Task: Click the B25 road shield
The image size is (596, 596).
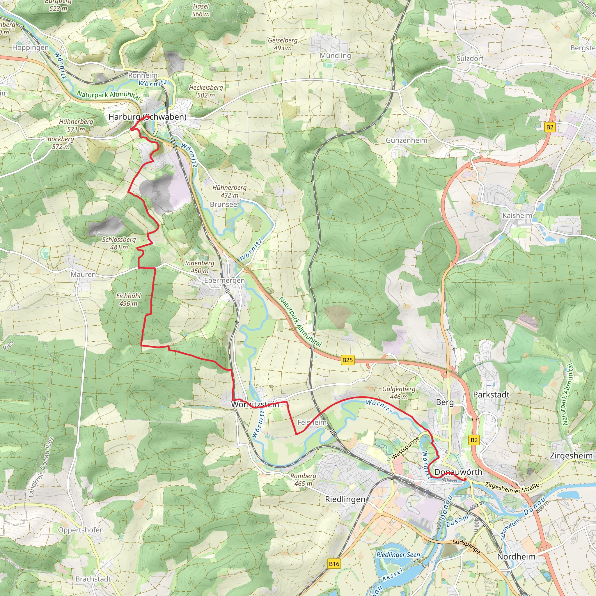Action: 347,360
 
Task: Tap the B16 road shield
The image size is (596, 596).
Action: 334,564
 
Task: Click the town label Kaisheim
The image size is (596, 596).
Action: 517,215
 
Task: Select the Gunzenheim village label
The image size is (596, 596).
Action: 407,140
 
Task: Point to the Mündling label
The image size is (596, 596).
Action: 335,56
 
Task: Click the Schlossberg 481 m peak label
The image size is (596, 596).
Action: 119,243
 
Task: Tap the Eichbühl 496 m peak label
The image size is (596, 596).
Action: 128,299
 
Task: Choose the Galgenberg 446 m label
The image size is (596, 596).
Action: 399,393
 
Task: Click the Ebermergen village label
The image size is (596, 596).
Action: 224,281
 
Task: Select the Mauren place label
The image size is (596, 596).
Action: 83,274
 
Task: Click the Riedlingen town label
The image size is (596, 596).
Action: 345,499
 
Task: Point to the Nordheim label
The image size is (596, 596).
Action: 516,548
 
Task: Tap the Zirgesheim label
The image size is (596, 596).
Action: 571,456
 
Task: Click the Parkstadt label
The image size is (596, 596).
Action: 491,395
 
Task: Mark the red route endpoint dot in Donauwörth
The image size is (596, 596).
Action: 464,479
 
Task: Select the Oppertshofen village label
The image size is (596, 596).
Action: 81,530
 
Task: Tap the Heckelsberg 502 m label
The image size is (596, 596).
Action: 206,91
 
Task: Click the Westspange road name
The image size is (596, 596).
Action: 405,448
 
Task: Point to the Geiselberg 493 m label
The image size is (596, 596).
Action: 283,44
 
